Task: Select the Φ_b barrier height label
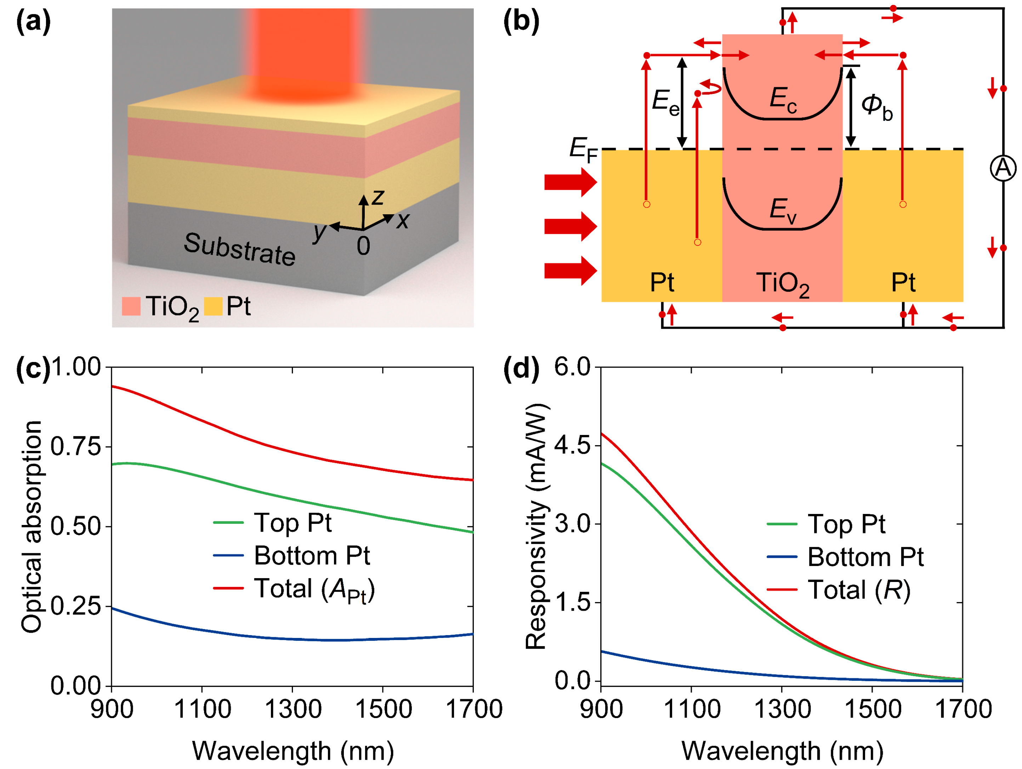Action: click(876, 107)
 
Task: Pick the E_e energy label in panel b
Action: click(665, 102)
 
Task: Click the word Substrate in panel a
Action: click(239, 249)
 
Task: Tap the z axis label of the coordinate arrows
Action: click(378, 197)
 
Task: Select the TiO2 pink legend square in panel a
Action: click(131, 306)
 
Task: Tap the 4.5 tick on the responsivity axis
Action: click(572, 446)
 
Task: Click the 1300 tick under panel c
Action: click(293, 709)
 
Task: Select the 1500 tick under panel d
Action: click(872, 709)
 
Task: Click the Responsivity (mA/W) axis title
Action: click(537, 527)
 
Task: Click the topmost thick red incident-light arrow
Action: click(570, 182)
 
